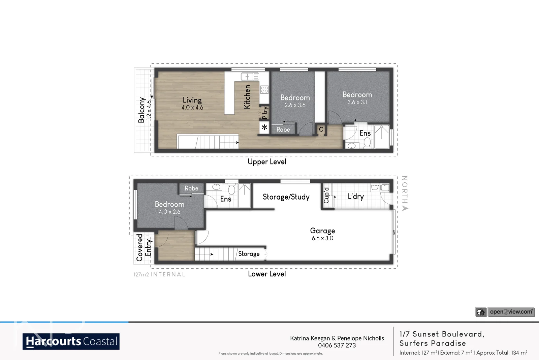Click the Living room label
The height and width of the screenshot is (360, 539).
click(x=192, y=100)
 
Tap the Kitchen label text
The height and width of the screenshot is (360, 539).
click(x=247, y=97)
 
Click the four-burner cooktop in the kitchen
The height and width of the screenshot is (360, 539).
click(x=264, y=89)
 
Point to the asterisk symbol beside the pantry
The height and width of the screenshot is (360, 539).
click(x=264, y=128)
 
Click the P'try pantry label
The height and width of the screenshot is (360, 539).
click(x=265, y=113)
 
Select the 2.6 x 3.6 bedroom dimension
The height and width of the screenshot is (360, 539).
click(x=295, y=105)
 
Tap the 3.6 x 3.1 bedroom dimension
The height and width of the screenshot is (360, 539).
click(x=357, y=102)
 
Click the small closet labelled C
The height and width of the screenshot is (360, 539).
click(x=321, y=129)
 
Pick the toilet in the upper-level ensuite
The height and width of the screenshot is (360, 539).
click(x=367, y=143)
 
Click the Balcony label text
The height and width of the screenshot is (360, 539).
click(x=141, y=110)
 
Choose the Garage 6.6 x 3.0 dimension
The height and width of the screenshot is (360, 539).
click(x=322, y=238)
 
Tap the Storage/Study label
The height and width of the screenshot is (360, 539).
click(x=286, y=197)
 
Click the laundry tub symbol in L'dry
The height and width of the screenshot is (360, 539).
click(x=375, y=187)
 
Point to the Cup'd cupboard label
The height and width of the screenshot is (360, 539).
click(x=326, y=195)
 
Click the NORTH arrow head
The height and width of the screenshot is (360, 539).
click(x=405, y=208)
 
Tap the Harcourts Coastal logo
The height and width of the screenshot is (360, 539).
click(x=71, y=341)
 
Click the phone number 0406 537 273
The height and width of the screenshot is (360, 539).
click(x=337, y=345)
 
